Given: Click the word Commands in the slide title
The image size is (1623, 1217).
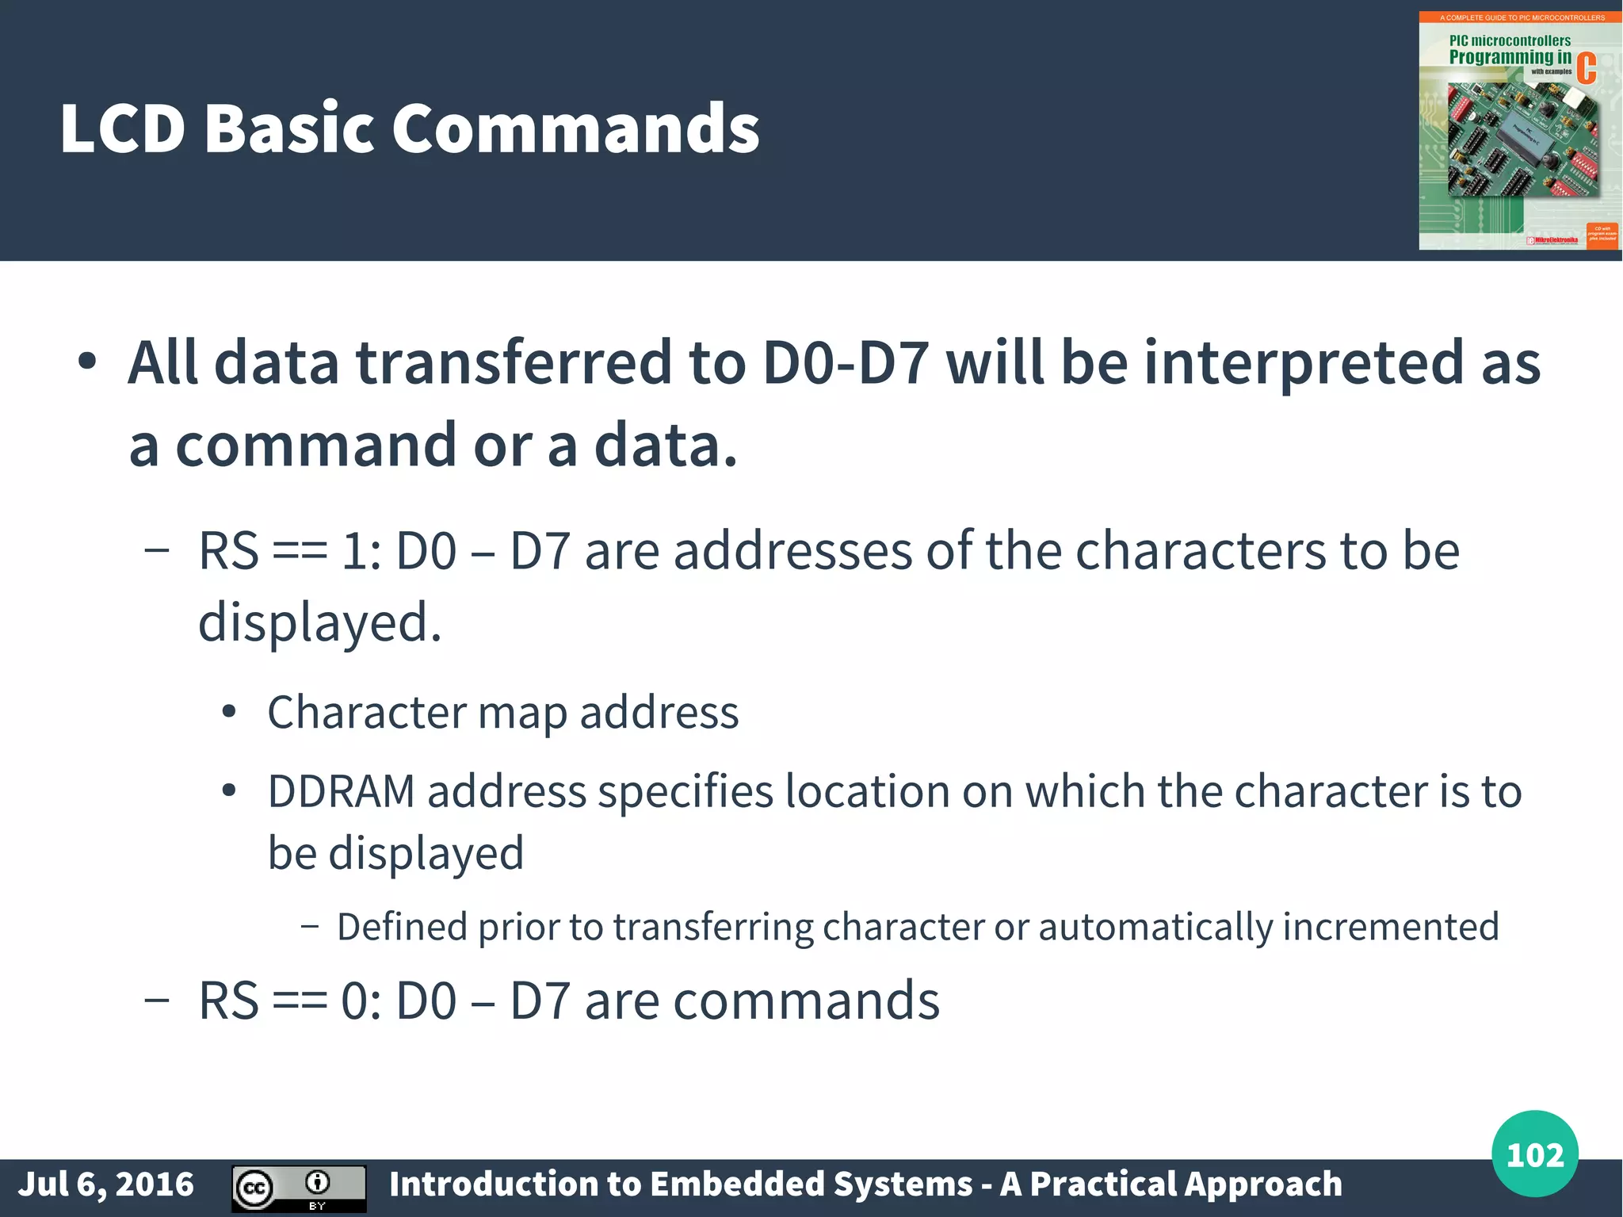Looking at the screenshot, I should [575, 128].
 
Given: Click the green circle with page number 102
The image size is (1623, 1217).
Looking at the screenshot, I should [1534, 1154].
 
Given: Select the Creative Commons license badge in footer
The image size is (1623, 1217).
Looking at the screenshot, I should [299, 1188].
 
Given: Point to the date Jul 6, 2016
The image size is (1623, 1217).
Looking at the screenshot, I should [105, 1184].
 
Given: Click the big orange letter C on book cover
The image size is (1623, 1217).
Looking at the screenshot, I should [1586, 68].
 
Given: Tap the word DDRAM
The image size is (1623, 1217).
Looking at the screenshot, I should [341, 791].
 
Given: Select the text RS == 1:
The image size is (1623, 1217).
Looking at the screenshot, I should [290, 550].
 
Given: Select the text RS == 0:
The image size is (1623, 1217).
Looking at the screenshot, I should [290, 1001].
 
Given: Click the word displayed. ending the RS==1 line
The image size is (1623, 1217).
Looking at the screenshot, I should [319, 622].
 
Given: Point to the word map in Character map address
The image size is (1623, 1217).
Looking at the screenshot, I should [522, 713].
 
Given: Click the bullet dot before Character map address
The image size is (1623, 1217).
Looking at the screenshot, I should [229, 712].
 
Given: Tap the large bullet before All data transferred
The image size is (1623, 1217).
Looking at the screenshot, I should [87, 362].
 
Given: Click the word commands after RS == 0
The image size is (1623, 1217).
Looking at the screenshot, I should [806, 1001].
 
